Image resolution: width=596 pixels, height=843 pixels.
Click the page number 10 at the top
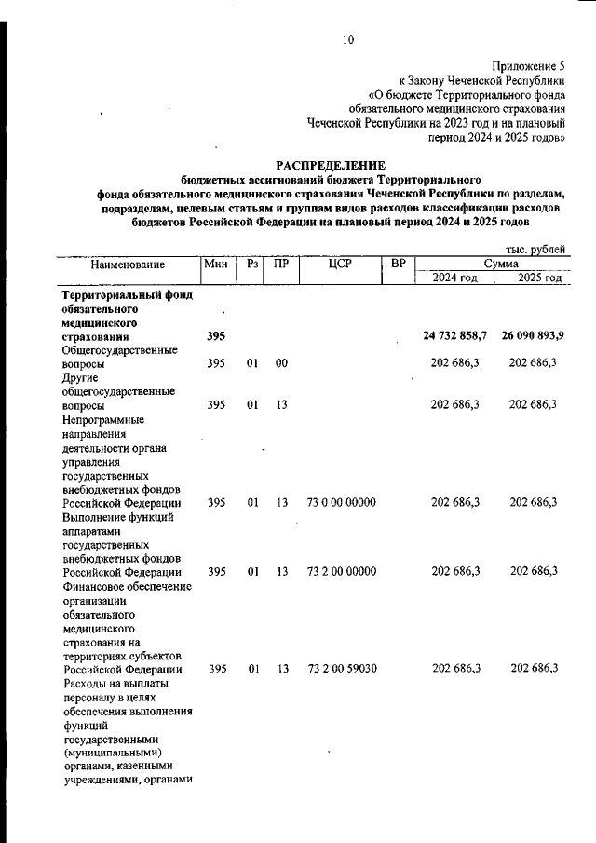pyautogui.click(x=348, y=40)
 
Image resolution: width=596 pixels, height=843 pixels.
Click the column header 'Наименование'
pyautogui.click(x=128, y=265)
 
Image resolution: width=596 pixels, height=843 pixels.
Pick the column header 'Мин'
pyautogui.click(x=216, y=265)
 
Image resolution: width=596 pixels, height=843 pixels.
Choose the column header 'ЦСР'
pyautogui.click(x=340, y=265)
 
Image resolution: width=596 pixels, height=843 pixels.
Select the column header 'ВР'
pyautogui.click(x=399, y=265)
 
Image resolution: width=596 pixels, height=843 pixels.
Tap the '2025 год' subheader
pyautogui.click(x=539, y=279)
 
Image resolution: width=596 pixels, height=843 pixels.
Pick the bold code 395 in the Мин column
pyautogui.click(x=216, y=335)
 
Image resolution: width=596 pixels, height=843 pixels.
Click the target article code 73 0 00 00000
pyautogui.click(x=341, y=502)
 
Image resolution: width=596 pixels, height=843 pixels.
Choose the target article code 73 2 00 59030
pyautogui.click(x=341, y=669)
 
